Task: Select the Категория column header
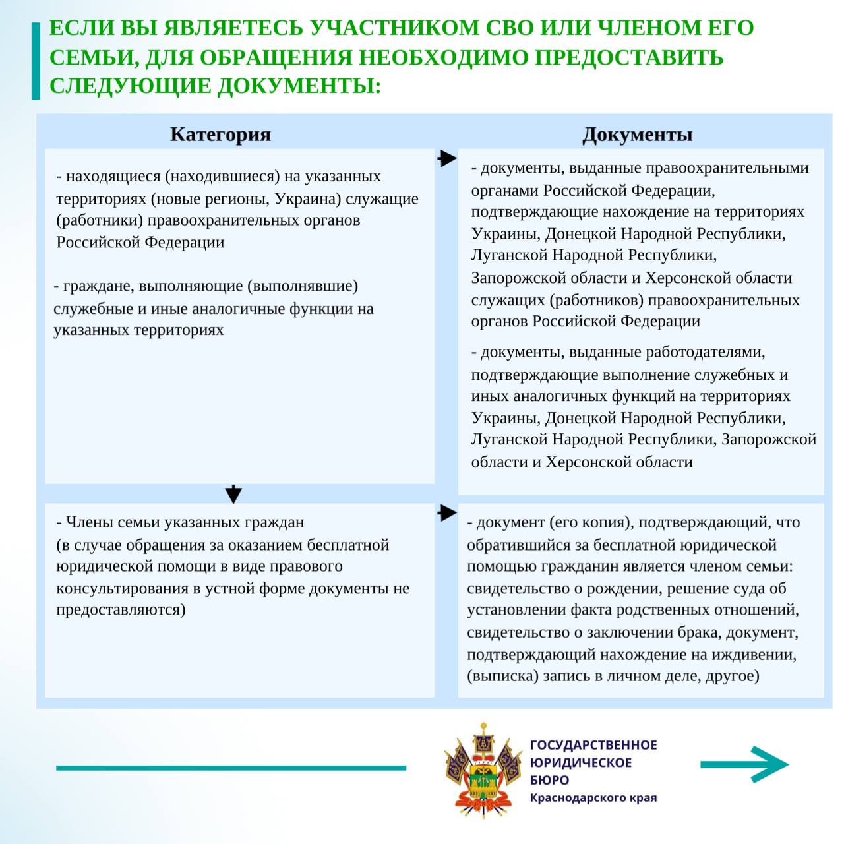(x=220, y=135)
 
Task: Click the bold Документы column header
(x=637, y=135)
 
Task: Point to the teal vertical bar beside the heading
(x=36, y=60)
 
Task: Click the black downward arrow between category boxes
(x=233, y=494)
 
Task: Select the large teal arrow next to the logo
(x=745, y=765)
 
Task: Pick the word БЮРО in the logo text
(x=549, y=780)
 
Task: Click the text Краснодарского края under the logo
(x=593, y=798)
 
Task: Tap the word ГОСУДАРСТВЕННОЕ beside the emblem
(x=593, y=745)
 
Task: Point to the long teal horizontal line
(x=231, y=768)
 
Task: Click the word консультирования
(x=122, y=588)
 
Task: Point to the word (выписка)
(x=502, y=677)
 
